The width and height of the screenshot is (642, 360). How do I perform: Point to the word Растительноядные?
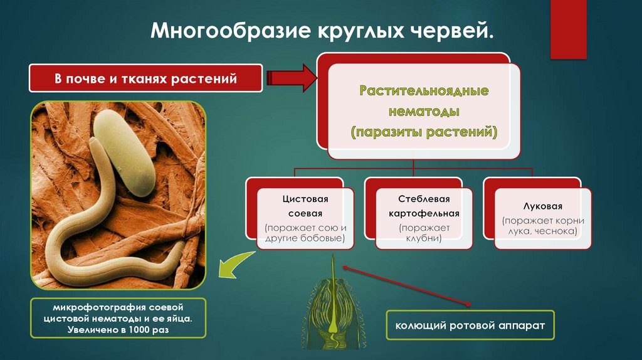(424, 92)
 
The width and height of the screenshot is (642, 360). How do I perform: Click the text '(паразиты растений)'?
(424, 132)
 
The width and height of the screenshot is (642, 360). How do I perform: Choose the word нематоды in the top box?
(424, 112)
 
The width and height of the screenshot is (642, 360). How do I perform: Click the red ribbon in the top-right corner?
(569, 28)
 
